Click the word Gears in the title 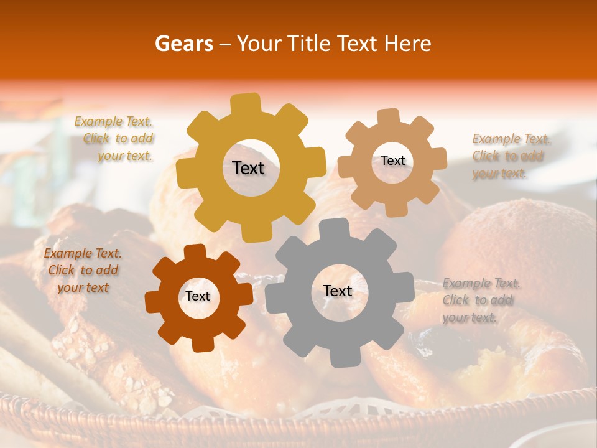[x=183, y=44]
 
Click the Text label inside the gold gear [x=248, y=168]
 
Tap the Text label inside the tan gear [x=392, y=161]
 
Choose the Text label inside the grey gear [x=338, y=291]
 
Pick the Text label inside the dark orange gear [x=198, y=296]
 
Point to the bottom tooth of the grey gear [x=340, y=358]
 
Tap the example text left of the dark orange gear [x=83, y=270]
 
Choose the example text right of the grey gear [x=480, y=301]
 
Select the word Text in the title [x=357, y=44]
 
